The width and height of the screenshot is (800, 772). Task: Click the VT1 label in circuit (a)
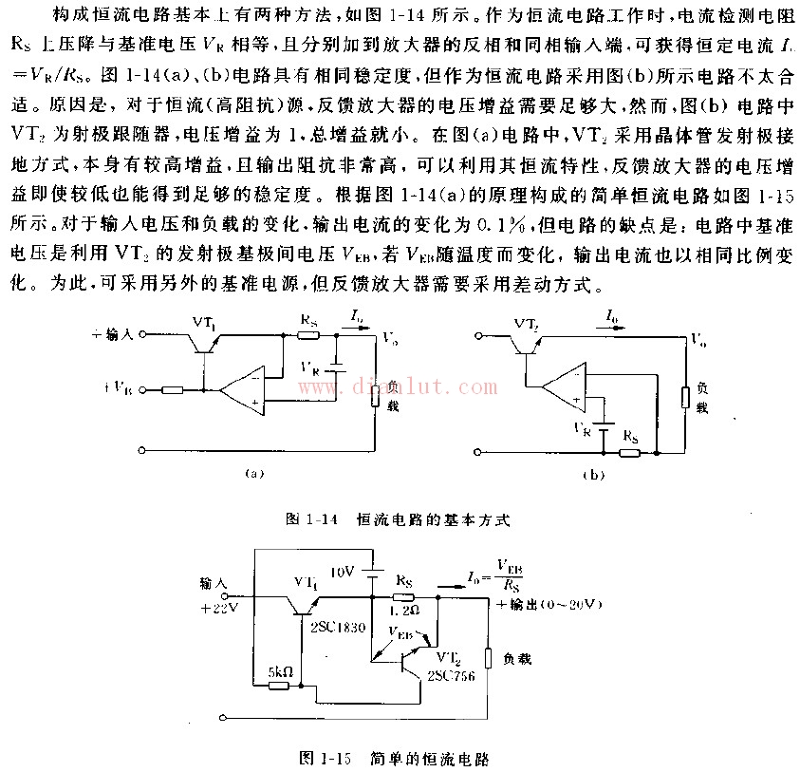[204, 323]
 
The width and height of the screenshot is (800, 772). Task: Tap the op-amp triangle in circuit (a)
[239, 387]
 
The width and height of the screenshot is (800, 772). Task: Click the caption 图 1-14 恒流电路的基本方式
[399, 519]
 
